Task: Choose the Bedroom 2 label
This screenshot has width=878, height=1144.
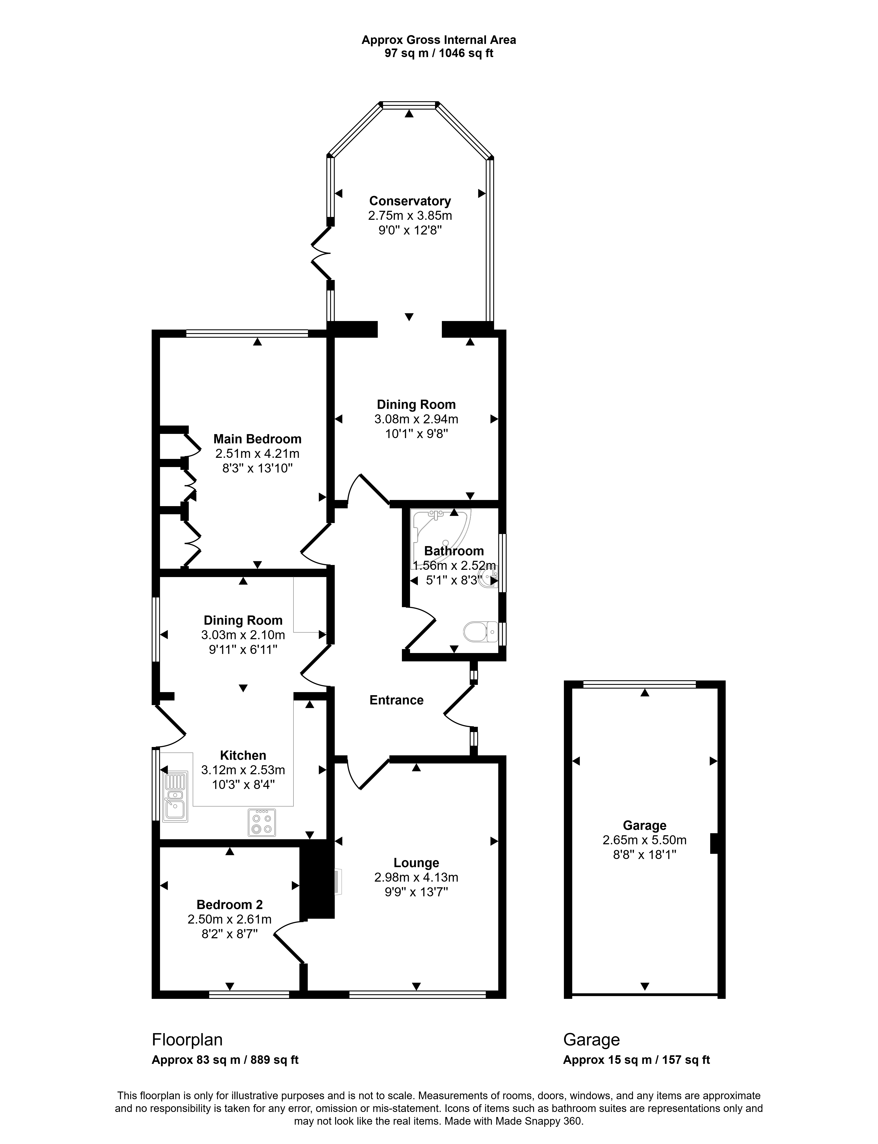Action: (x=229, y=904)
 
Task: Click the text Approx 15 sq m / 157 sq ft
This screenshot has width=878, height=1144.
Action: (x=637, y=1060)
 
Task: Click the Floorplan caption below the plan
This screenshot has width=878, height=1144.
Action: (x=187, y=1039)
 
